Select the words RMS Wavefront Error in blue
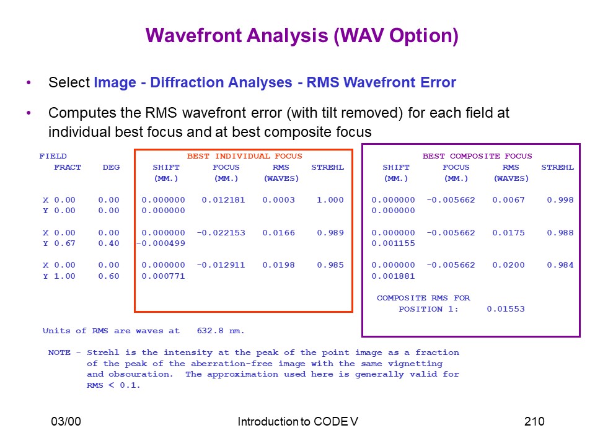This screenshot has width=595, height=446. (x=381, y=82)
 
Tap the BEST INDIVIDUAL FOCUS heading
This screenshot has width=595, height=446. (x=244, y=156)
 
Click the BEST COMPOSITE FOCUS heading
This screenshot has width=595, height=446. (x=477, y=156)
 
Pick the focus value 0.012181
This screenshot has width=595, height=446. (x=223, y=200)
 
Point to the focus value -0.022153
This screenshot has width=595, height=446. (x=221, y=232)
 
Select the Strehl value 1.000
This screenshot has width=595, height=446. (x=330, y=200)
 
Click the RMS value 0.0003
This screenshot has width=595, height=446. (x=278, y=200)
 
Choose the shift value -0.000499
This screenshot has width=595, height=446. (x=161, y=243)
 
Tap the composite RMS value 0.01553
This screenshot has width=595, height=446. (x=506, y=309)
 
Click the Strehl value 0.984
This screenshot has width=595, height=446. (x=560, y=265)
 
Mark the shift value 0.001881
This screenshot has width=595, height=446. (x=393, y=276)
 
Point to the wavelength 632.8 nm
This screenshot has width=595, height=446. (x=221, y=331)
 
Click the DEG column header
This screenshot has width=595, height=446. (x=111, y=167)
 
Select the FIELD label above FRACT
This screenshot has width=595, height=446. (x=53, y=156)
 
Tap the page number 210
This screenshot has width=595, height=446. (x=534, y=421)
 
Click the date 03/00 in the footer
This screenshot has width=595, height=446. (x=66, y=421)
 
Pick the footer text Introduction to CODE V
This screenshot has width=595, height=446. (x=298, y=421)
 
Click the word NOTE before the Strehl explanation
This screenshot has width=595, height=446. (x=59, y=352)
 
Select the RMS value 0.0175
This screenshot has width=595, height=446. (x=508, y=232)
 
